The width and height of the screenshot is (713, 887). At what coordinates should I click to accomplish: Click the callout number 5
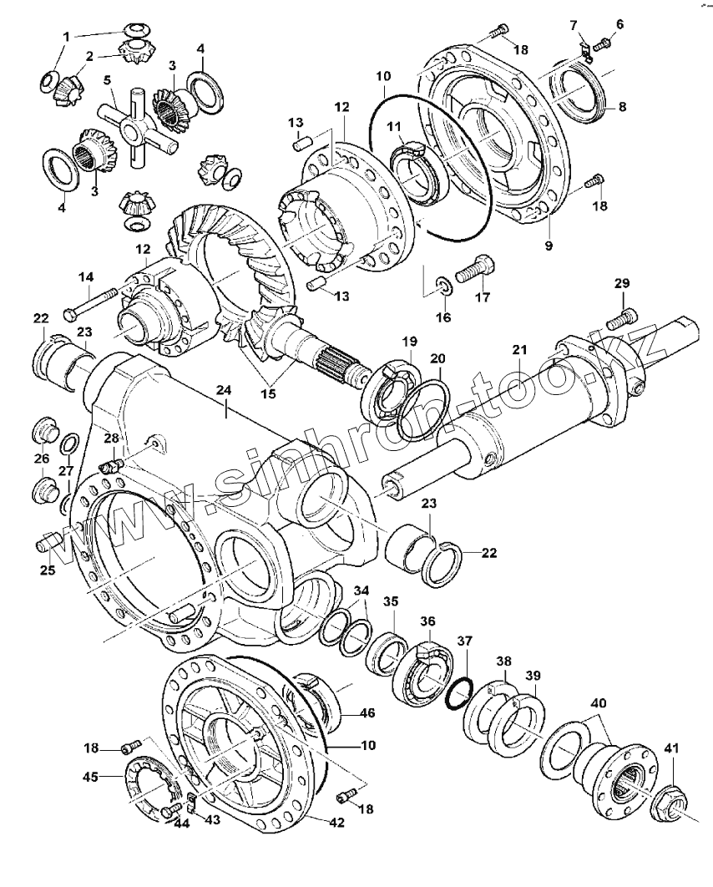[108, 80]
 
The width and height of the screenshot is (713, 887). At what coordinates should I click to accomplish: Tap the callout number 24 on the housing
[223, 389]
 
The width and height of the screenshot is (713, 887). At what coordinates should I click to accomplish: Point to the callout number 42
[336, 822]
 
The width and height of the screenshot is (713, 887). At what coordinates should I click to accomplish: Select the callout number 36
[427, 621]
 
